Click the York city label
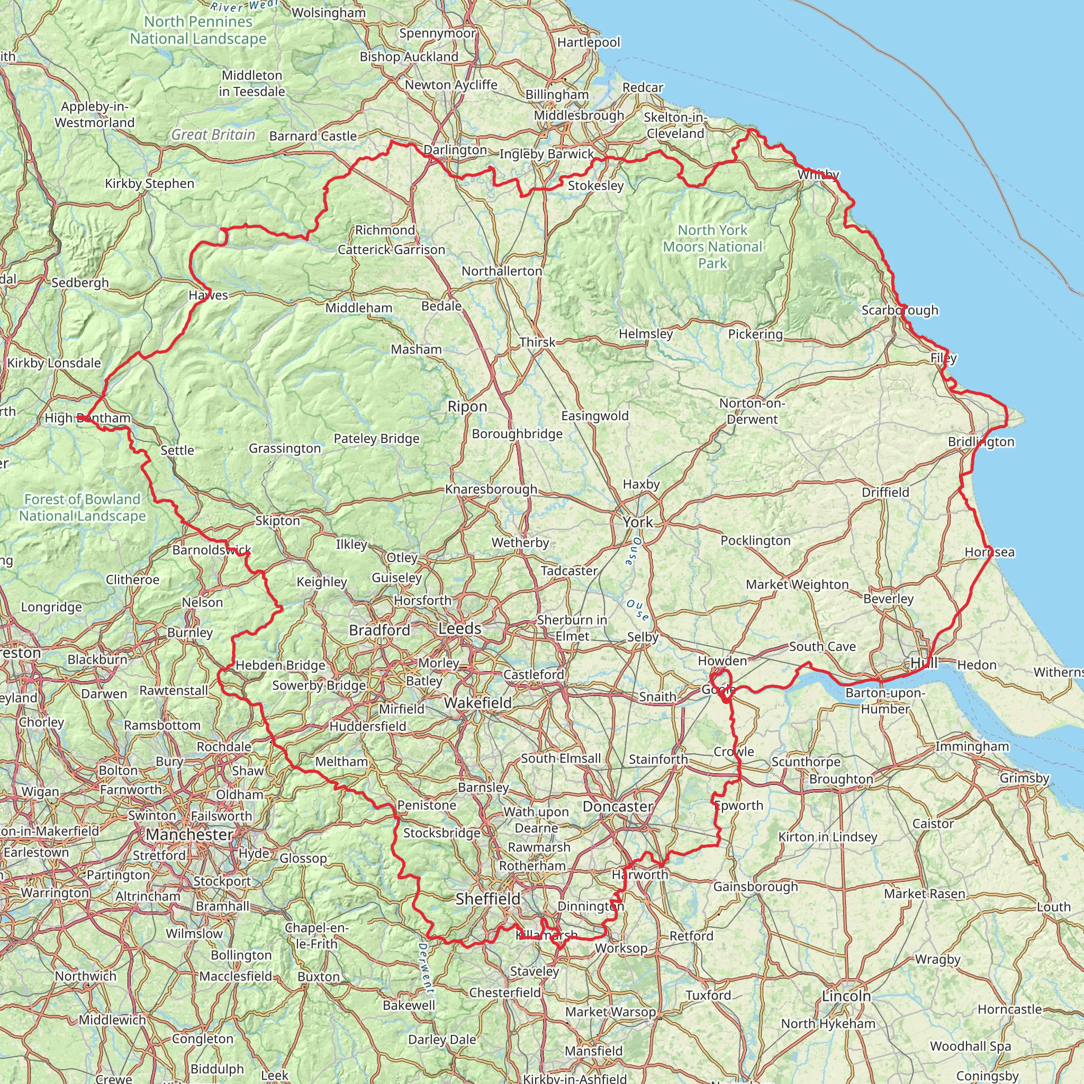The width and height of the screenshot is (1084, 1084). pyautogui.click(x=638, y=522)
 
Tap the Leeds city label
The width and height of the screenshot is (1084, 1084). pyautogui.click(x=459, y=629)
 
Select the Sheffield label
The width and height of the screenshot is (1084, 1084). pyautogui.click(x=488, y=899)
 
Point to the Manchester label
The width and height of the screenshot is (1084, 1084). pyautogui.click(x=189, y=835)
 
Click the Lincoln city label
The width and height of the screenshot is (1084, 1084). pyautogui.click(x=846, y=996)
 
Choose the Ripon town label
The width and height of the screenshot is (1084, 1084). pyautogui.click(x=467, y=407)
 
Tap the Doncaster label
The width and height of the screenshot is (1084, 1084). pyautogui.click(x=618, y=807)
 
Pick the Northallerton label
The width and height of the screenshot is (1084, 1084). pyautogui.click(x=502, y=272)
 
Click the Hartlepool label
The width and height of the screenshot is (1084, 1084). pyautogui.click(x=589, y=43)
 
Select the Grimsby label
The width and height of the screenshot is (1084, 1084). pyautogui.click(x=1024, y=778)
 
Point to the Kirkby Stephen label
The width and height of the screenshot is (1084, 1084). pyautogui.click(x=149, y=184)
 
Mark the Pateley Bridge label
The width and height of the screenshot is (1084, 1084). pyautogui.click(x=376, y=439)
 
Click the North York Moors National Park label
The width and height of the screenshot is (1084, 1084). pyautogui.click(x=712, y=246)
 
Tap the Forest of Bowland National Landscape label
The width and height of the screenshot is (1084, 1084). pyautogui.click(x=83, y=507)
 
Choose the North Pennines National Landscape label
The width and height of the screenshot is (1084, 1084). pyautogui.click(x=198, y=30)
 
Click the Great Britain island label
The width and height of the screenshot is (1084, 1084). pyautogui.click(x=213, y=134)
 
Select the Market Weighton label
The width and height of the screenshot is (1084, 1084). pyautogui.click(x=797, y=585)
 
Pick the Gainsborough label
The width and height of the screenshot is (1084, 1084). pyautogui.click(x=755, y=887)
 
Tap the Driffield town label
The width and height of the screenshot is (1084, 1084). pyautogui.click(x=886, y=493)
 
